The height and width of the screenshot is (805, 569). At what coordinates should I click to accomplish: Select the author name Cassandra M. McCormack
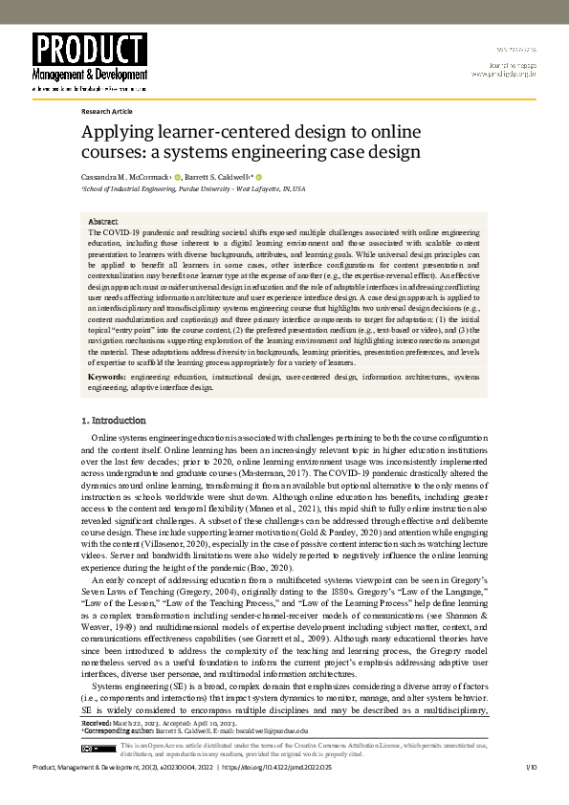pos(124,178)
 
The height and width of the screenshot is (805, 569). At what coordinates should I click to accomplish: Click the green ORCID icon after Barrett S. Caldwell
pos(258,178)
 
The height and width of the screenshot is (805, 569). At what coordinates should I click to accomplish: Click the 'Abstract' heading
pos(103,222)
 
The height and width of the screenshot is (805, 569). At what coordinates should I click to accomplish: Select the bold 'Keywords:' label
pos(105,377)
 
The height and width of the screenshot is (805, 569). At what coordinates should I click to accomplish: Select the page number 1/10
pos(531,768)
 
